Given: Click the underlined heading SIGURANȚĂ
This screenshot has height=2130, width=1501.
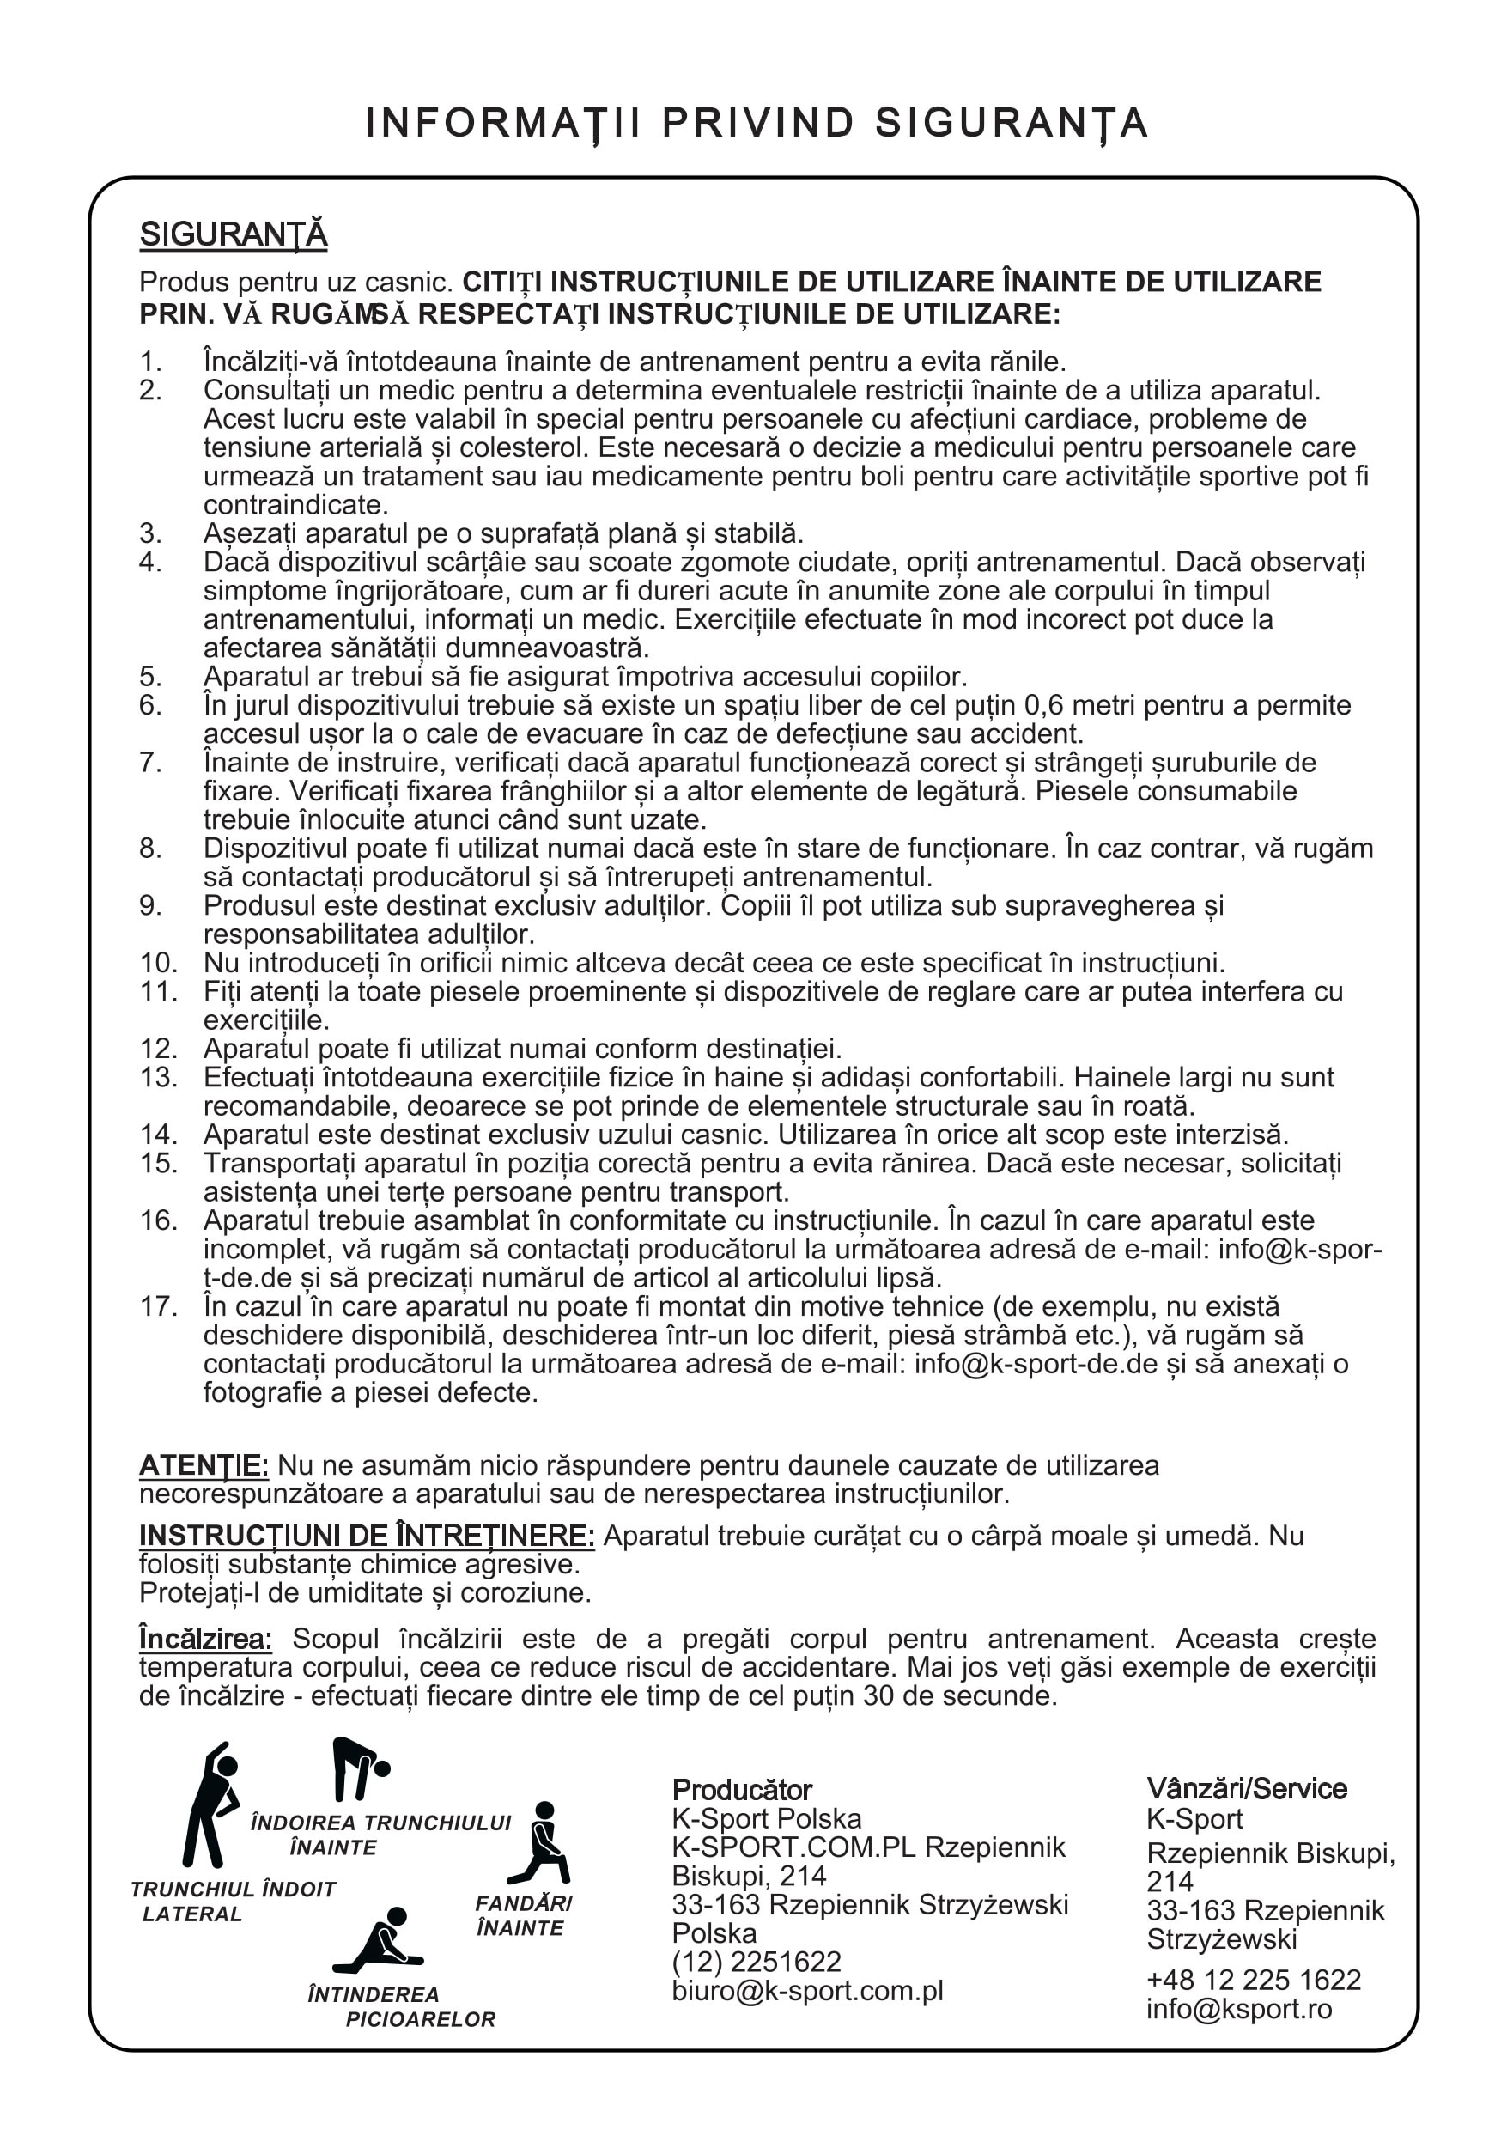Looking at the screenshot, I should point(233,234).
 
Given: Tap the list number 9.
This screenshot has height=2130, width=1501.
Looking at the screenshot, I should point(150,905).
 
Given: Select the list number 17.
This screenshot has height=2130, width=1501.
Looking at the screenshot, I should point(159,1306).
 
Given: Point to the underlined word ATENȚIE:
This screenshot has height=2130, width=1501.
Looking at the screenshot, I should point(204,1466).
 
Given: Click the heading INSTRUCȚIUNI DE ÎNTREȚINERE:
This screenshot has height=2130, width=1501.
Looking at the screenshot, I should point(367,1537).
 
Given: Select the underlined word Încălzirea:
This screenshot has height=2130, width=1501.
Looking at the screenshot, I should point(205,1640).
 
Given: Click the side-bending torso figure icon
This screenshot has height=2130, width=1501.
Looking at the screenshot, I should point(211,1804).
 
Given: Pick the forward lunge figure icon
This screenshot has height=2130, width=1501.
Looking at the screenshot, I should point(542,1843).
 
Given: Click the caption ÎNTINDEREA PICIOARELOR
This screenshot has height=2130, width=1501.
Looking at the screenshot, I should point(402,2006).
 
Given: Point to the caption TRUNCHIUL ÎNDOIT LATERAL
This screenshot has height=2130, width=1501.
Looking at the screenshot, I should point(232,1902).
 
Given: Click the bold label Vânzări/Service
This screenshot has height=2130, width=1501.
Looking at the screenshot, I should point(1246,1789).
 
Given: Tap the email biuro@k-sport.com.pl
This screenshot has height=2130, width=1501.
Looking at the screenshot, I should point(807,1991).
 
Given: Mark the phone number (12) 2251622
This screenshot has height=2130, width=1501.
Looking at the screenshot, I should point(756,1962).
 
